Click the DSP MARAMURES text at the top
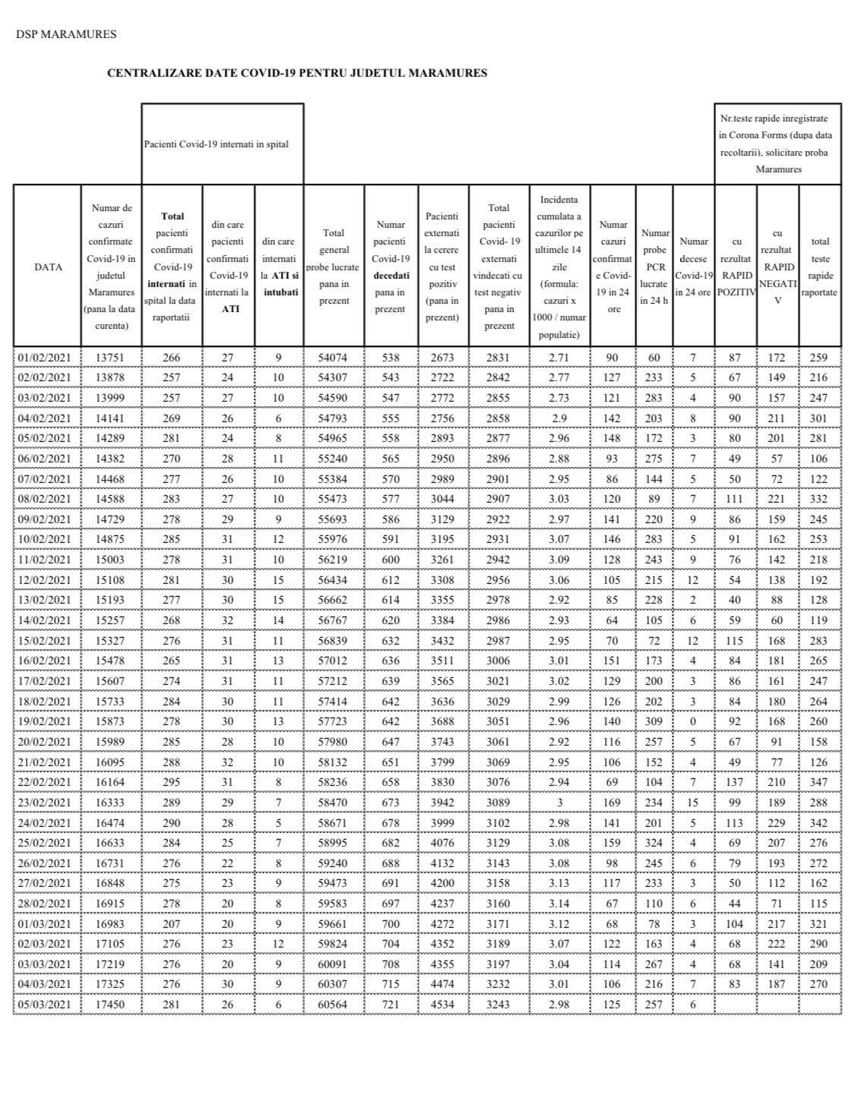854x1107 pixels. [66, 34]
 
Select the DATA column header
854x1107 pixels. [48, 266]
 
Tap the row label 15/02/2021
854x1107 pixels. [44, 640]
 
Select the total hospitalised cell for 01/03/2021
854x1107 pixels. [172, 923]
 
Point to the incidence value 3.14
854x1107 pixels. [559, 903]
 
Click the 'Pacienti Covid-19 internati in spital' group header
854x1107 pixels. [216, 143]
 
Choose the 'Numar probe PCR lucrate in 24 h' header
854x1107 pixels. [654, 266]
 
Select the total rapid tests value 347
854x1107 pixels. [820, 781]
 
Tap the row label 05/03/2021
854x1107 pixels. [44, 1004]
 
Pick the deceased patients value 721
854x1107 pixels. [389, 1004]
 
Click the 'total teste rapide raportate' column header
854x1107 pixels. [820, 266]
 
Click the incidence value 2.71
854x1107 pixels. [559, 358]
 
